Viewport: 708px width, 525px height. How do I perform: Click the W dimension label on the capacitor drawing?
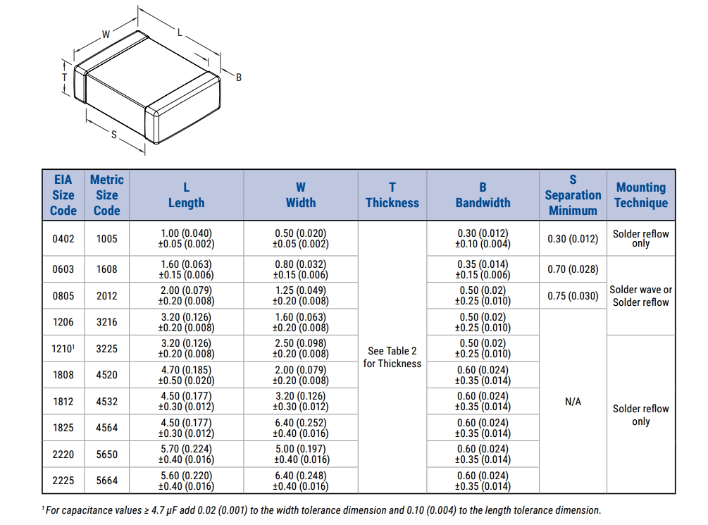point(106,35)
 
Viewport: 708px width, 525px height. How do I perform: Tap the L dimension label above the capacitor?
point(180,32)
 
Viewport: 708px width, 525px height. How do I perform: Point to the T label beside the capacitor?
point(65,78)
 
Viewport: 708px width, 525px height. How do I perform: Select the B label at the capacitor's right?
point(239,78)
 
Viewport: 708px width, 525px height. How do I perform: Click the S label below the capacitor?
point(114,135)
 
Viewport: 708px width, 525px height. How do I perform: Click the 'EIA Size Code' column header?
point(63,195)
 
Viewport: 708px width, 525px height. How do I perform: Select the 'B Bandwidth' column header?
point(483,195)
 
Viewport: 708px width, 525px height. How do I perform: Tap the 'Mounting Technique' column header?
point(641,195)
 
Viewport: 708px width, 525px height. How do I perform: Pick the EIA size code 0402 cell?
point(63,239)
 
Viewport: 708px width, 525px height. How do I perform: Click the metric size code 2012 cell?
point(107,296)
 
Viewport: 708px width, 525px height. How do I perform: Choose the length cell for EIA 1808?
point(187,375)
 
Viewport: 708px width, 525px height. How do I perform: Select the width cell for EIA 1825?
point(301,428)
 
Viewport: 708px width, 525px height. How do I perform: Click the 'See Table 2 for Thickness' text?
point(392,357)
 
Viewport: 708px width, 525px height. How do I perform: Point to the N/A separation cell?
point(573,401)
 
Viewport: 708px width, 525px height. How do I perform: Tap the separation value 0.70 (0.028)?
point(573,269)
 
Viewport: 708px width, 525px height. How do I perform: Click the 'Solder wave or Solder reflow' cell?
point(640,296)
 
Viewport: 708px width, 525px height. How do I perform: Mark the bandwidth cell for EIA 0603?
point(483,269)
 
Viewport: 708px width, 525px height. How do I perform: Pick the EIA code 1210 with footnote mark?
point(63,348)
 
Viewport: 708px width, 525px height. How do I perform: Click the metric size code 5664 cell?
point(107,481)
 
